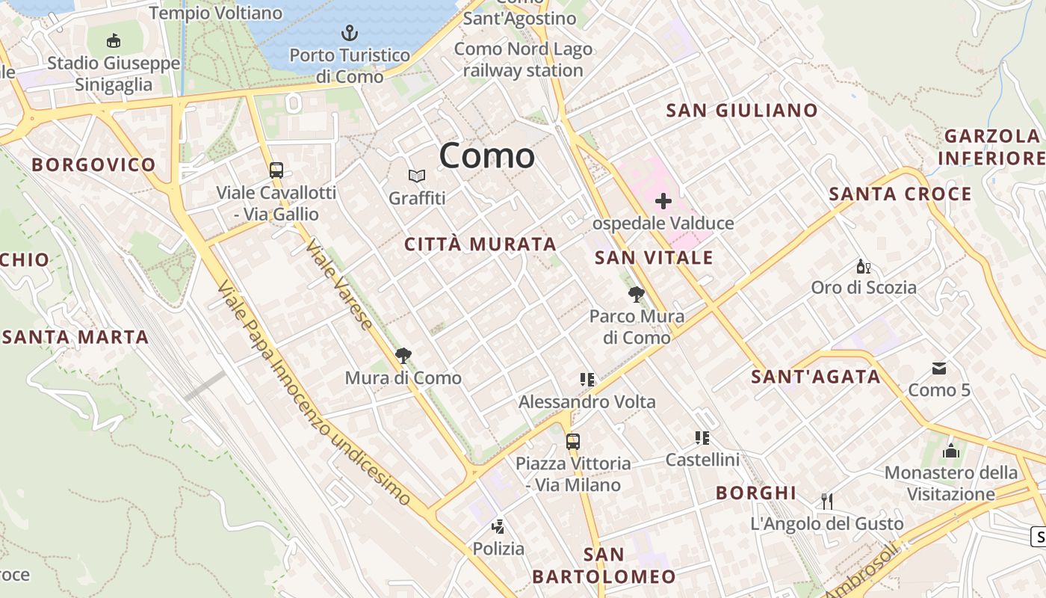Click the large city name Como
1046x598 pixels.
[486, 156]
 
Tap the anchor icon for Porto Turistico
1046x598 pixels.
[350, 33]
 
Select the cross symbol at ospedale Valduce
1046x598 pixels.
[663, 200]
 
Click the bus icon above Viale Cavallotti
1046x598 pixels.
[276, 170]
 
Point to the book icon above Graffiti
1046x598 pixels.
[417, 176]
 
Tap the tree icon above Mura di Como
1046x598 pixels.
[403, 355]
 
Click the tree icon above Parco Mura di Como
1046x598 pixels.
[637, 294]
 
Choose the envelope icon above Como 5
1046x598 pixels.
[939, 368]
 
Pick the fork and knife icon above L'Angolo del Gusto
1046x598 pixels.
[826, 501]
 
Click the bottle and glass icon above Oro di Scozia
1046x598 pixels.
[864, 265]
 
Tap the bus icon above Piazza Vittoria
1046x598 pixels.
[572, 441]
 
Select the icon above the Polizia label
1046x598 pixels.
[498, 526]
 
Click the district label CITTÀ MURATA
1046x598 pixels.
[480, 244]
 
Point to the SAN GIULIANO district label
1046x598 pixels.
[742, 111]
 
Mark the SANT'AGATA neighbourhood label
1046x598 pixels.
[816, 377]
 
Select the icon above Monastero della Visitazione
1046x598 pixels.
[950, 450]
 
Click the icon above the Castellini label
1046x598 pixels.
[702, 437]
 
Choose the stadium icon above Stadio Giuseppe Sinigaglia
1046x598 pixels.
[114, 40]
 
